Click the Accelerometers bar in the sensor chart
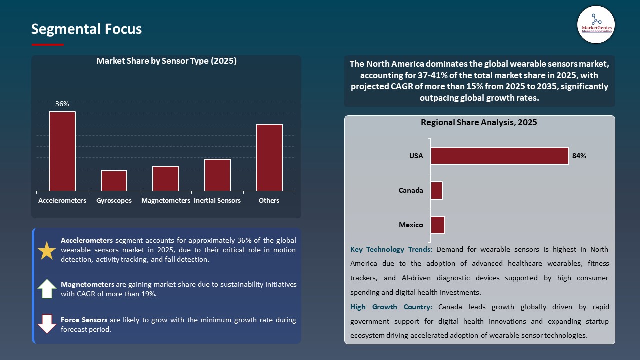click(62, 151)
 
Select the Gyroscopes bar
click(114, 181)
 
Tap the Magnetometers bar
click(166, 178)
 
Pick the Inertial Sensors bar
click(217, 175)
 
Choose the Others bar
click(269, 157)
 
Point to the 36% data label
click(62, 104)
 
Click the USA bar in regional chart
click(499, 156)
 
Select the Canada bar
click(436, 190)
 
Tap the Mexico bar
click(437, 225)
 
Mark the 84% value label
click(579, 156)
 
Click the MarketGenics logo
click(596, 25)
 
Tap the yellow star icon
click(47, 250)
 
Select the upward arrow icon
click(47, 289)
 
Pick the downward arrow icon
click(47, 324)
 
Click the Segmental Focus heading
click(86, 29)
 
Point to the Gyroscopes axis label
click(114, 201)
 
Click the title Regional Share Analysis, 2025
click(479, 122)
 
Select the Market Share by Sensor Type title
click(166, 61)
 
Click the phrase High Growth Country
click(393, 307)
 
